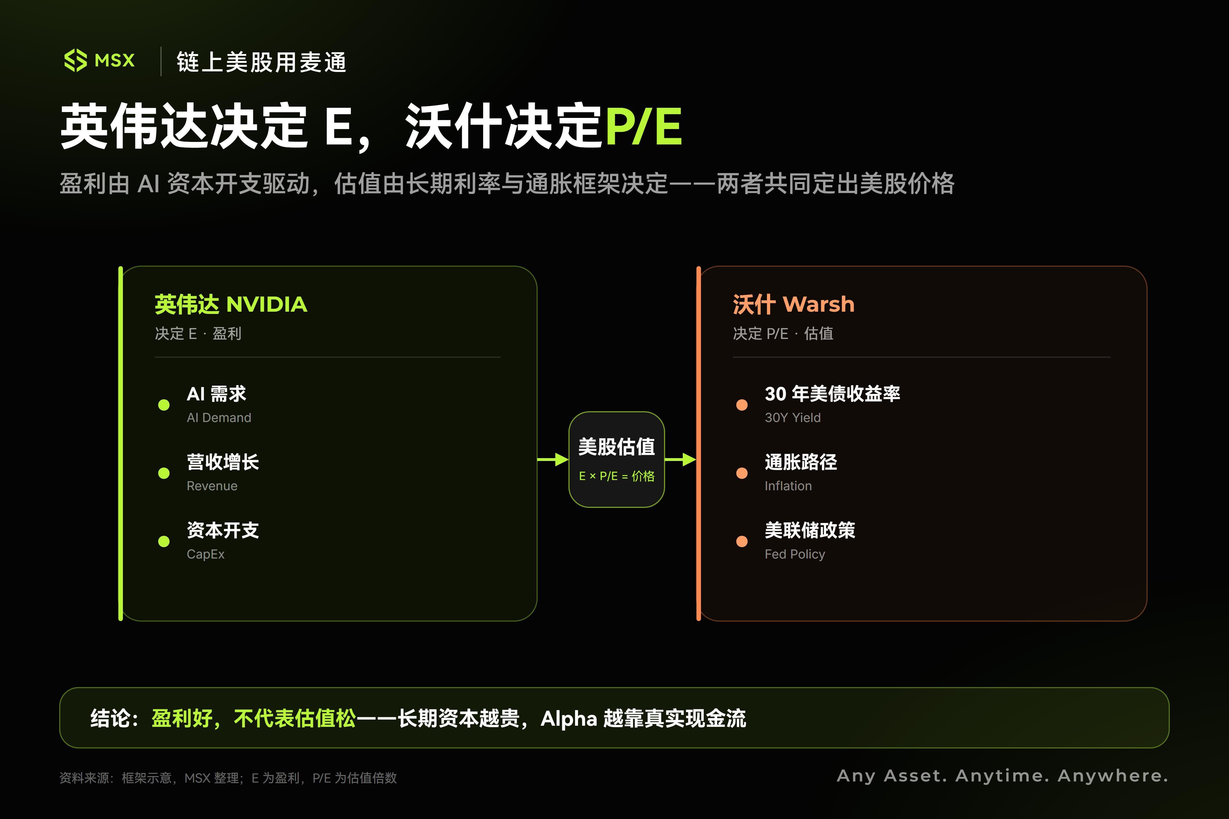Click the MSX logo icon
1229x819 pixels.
[75, 61]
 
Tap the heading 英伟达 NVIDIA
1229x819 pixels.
[231, 304]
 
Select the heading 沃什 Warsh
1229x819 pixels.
[793, 304]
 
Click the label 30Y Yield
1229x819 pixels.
[793, 418]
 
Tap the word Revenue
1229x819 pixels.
[212, 486]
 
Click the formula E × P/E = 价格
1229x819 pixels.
[616, 476]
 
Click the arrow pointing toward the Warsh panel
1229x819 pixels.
[680, 460]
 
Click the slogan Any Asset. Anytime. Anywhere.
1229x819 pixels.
[1002, 776]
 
